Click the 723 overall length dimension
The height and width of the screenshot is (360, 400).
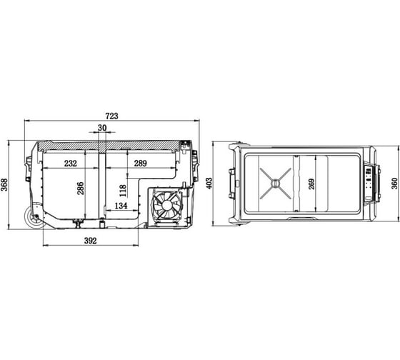pos(112,116)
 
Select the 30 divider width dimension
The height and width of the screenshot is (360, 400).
pos(102,128)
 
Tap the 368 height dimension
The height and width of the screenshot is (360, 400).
pos(4,184)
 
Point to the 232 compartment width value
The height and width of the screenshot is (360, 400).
pos(71,164)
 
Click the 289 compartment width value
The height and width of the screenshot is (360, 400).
pos(140,164)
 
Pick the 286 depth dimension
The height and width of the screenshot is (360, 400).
pos(80,189)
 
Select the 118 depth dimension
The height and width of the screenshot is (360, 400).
pos(123,191)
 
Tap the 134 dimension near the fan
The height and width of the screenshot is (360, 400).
pos(121,206)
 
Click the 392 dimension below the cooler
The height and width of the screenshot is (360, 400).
pos(91,241)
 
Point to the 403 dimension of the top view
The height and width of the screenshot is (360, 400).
pos(209,184)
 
